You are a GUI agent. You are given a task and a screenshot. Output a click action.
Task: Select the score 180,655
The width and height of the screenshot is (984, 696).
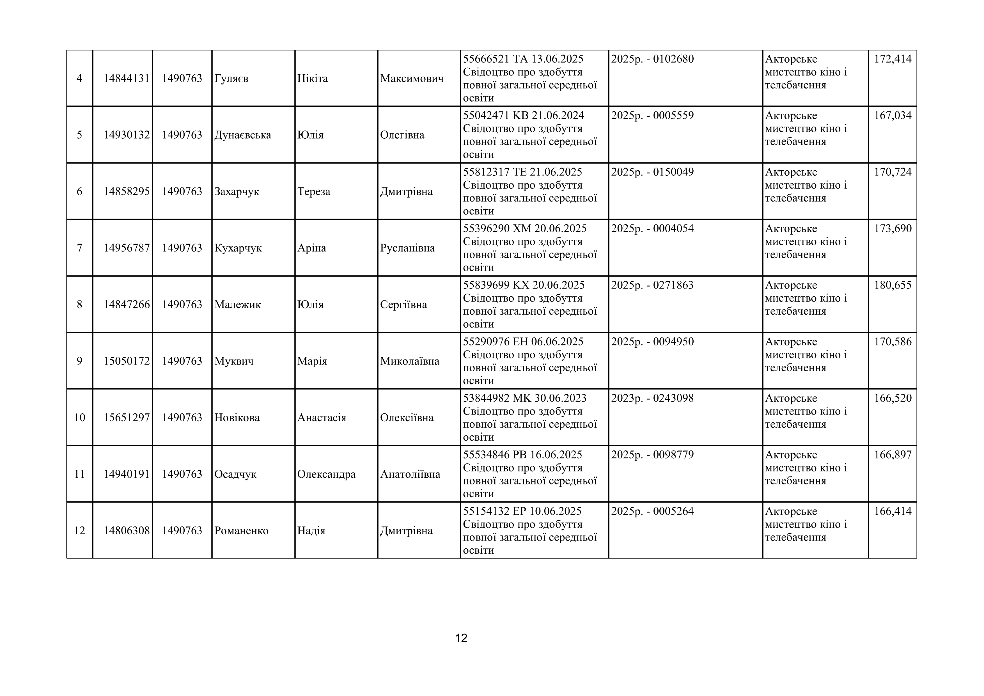tap(893, 285)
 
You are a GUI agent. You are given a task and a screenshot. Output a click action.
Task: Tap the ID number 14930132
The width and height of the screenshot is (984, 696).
tap(127, 135)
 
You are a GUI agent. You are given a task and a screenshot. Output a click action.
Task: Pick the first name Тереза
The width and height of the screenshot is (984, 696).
tap(314, 192)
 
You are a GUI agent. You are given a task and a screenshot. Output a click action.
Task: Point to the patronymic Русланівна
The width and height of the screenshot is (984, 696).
tap(407, 248)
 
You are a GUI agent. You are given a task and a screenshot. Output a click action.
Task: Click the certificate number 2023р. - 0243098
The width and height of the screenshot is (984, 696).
tap(652, 398)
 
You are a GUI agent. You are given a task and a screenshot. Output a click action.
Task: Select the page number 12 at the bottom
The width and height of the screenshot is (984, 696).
tap(461, 638)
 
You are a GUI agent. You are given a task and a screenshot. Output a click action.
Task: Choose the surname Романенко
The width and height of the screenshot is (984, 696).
tap(241, 531)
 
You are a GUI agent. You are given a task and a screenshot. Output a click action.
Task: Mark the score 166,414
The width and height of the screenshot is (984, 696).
tap(893, 511)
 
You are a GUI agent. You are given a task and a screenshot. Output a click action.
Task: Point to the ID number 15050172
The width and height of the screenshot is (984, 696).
tap(127, 361)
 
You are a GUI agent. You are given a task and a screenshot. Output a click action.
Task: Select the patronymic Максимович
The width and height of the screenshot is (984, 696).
tap(411, 78)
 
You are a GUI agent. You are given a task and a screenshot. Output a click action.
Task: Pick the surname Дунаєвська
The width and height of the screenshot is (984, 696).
tap(243, 135)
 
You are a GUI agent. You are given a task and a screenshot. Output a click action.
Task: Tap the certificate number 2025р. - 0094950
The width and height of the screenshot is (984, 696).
tap(652, 342)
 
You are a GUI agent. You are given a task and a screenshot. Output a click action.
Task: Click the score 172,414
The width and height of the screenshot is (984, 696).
tap(893, 59)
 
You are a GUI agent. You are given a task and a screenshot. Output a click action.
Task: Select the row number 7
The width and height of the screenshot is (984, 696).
tap(80, 248)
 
